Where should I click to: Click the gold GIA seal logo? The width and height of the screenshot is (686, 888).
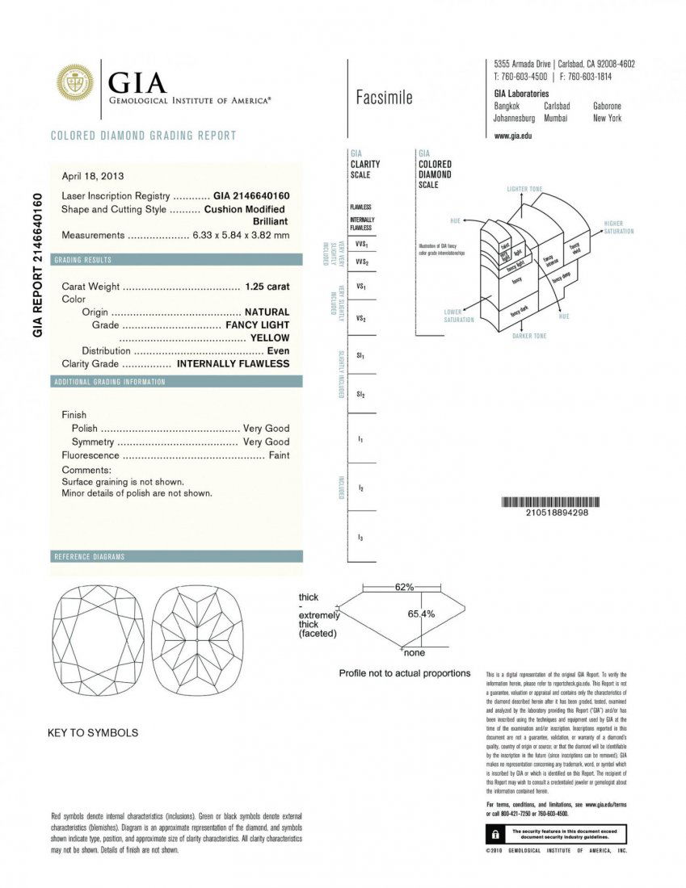click(x=74, y=83)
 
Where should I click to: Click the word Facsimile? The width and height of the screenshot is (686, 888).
click(x=384, y=98)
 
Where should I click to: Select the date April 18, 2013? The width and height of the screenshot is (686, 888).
click(x=93, y=176)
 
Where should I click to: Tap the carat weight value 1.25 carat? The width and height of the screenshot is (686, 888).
click(x=267, y=286)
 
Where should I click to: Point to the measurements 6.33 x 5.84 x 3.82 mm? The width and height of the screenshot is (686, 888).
click(x=241, y=235)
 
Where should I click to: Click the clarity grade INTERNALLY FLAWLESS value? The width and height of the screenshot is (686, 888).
click(x=233, y=363)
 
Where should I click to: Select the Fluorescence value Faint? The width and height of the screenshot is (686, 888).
click(x=278, y=455)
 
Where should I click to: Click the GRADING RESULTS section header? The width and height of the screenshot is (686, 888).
click(x=83, y=260)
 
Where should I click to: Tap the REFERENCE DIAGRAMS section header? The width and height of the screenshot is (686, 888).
click(x=89, y=557)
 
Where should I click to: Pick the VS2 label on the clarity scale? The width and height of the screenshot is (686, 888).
click(x=361, y=319)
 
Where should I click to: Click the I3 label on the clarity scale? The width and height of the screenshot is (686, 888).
click(x=360, y=537)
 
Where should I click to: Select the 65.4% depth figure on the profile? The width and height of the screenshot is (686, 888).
click(x=421, y=614)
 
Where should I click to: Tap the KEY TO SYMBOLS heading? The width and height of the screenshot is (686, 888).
click(x=93, y=733)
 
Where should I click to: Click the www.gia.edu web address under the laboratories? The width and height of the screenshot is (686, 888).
click(x=512, y=136)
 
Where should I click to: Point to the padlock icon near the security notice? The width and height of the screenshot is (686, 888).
click(x=491, y=834)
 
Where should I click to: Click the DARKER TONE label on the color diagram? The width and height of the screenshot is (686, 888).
click(x=529, y=336)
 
